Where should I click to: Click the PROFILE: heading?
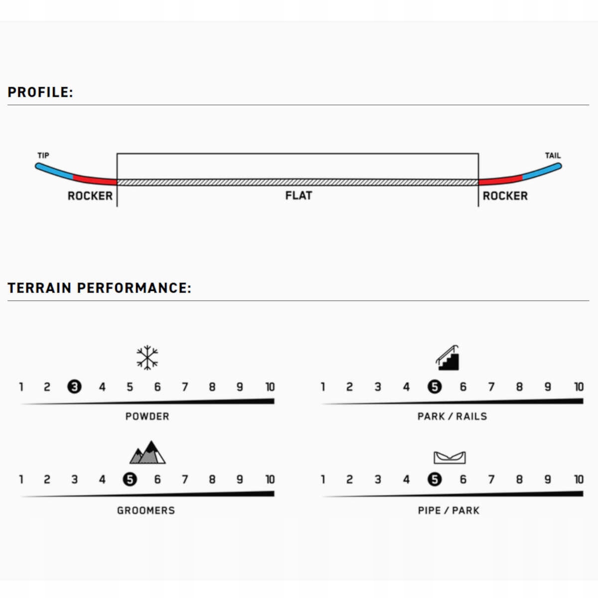click(40, 92)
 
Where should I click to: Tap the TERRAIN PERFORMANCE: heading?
click(99, 288)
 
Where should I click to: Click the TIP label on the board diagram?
click(43, 155)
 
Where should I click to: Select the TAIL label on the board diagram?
click(553, 155)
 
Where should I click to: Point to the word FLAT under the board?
click(299, 195)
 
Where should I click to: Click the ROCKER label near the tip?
click(90, 196)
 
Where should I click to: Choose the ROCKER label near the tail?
click(505, 196)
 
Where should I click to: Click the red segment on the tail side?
click(500, 180)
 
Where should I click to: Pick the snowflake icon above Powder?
click(148, 358)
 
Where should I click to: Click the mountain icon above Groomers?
click(148, 452)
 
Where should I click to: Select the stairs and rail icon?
click(448, 358)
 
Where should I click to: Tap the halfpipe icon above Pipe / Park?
click(449, 457)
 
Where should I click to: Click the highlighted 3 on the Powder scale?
click(74, 387)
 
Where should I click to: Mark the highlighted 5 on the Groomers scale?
click(130, 479)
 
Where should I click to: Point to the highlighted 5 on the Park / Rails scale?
click(435, 387)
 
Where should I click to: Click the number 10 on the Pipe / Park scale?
click(578, 479)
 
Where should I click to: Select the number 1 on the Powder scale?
click(21, 387)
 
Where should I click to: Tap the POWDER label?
click(147, 416)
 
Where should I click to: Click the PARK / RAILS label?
click(452, 416)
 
